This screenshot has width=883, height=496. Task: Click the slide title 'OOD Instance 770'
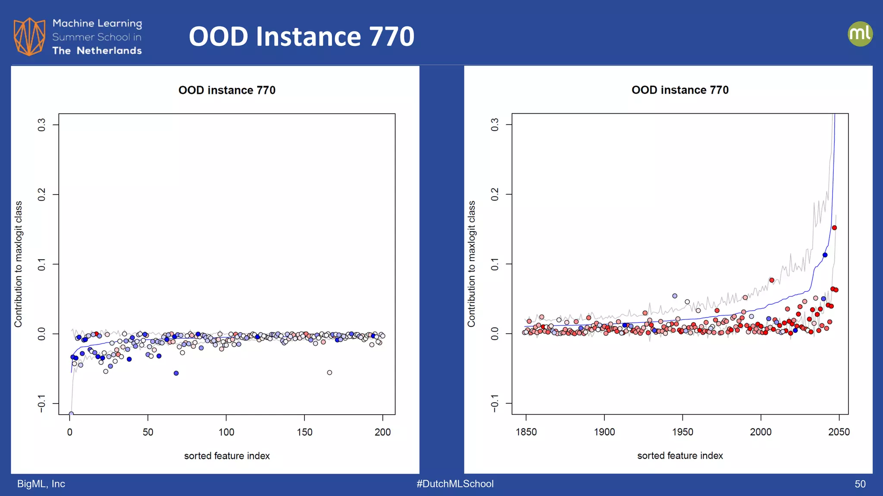(x=301, y=36)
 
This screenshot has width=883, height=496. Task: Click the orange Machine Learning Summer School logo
(x=29, y=37)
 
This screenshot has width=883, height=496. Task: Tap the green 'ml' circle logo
(x=860, y=34)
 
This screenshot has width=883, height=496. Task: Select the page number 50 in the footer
(x=860, y=484)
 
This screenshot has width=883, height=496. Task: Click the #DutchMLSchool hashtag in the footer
(x=455, y=484)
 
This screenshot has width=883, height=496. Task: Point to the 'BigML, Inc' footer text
(x=41, y=484)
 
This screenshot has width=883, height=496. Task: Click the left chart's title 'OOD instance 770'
(x=227, y=90)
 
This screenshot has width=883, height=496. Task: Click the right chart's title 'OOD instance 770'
(x=680, y=90)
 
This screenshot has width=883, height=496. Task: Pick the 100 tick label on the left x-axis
(x=226, y=432)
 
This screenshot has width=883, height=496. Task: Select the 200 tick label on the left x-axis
(x=382, y=432)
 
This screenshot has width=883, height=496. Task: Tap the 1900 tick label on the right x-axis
(x=604, y=432)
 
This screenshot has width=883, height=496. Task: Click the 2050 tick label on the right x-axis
(x=839, y=432)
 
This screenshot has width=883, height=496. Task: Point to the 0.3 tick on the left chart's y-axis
(x=41, y=125)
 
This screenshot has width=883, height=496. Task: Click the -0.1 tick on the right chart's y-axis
(x=495, y=403)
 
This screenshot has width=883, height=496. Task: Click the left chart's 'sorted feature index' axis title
(x=227, y=456)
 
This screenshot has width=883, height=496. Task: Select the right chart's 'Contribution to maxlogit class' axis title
(x=471, y=263)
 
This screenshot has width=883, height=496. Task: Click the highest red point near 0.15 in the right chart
(x=834, y=228)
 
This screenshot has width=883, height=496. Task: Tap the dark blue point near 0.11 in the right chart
(x=825, y=255)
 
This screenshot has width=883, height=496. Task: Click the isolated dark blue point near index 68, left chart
(x=176, y=373)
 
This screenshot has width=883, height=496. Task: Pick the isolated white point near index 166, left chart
(x=329, y=372)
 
